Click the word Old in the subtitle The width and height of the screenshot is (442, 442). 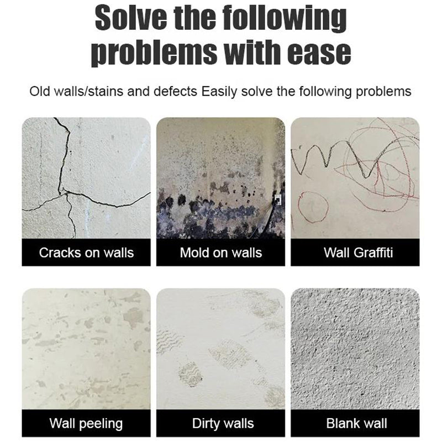coord(40,91)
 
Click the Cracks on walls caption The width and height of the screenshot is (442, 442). coord(86,253)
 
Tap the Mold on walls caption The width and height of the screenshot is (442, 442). coord(221,253)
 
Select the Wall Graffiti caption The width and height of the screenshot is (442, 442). coord(355,253)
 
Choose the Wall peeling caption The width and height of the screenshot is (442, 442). coord(86,424)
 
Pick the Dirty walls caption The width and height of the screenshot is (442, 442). coord(221,424)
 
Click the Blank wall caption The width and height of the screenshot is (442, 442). coord(355,424)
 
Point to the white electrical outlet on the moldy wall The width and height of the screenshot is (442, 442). coord(278,199)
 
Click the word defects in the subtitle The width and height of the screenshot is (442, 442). coord(177,91)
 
